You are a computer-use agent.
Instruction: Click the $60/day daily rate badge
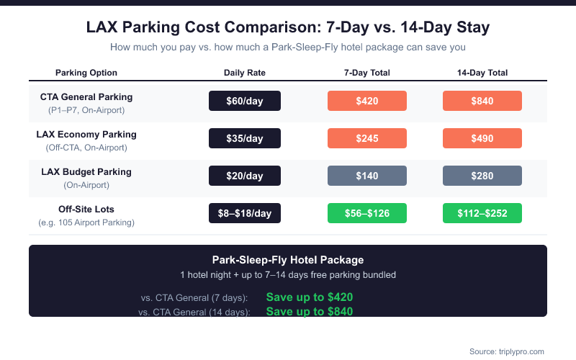245,101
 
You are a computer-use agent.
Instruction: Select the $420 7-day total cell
367,101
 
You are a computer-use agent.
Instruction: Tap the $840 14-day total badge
482,101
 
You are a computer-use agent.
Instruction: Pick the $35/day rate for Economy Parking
245,138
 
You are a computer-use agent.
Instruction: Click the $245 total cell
367,138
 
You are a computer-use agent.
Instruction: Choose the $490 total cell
482,138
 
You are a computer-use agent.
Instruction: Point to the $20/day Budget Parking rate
245,176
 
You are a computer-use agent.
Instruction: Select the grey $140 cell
367,176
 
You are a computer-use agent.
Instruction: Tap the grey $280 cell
482,176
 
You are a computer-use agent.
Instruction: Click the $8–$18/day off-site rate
245,213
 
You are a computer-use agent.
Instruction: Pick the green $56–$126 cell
367,213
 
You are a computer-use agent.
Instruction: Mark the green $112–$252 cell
482,213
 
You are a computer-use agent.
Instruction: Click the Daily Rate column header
245,73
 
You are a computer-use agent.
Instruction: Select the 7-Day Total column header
367,73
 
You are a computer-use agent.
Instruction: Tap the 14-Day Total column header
482,73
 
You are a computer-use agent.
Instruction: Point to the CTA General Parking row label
86,97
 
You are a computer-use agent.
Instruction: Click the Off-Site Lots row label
86,210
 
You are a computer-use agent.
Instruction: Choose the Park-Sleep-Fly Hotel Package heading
288,260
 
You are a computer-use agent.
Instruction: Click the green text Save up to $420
310,297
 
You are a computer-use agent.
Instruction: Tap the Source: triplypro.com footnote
506,351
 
